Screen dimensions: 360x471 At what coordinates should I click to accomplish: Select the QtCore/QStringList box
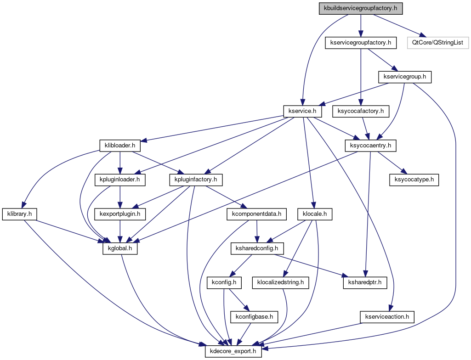(x=437, y=43)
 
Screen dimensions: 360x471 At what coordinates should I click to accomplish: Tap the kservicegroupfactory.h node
(x=361, y=43)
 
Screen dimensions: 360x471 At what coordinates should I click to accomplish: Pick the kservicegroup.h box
(x=404, y=77)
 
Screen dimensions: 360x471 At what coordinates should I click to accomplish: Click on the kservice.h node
(x=302, y=111)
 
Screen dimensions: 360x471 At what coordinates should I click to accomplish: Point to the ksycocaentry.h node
(x=370, y=146)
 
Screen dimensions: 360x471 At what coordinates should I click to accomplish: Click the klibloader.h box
(x=119, y=146)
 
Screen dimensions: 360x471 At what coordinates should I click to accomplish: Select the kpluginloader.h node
(x=119, y=180)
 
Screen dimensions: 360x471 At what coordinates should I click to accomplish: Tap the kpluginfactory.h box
(x=196, y=180)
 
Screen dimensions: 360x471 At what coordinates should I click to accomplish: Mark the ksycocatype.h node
(x=414, y=180)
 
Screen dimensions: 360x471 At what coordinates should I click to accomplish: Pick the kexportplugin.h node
(x=119, y=214)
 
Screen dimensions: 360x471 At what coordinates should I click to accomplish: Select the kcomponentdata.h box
(x=256, y=214)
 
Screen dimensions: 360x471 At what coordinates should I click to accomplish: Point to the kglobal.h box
(x=119, y=248)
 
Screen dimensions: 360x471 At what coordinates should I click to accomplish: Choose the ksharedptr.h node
(x=365, y=282)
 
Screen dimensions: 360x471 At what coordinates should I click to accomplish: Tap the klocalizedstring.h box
(x=280, y=282)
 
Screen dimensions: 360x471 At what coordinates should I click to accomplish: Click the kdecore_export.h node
(x=233, y=352)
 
